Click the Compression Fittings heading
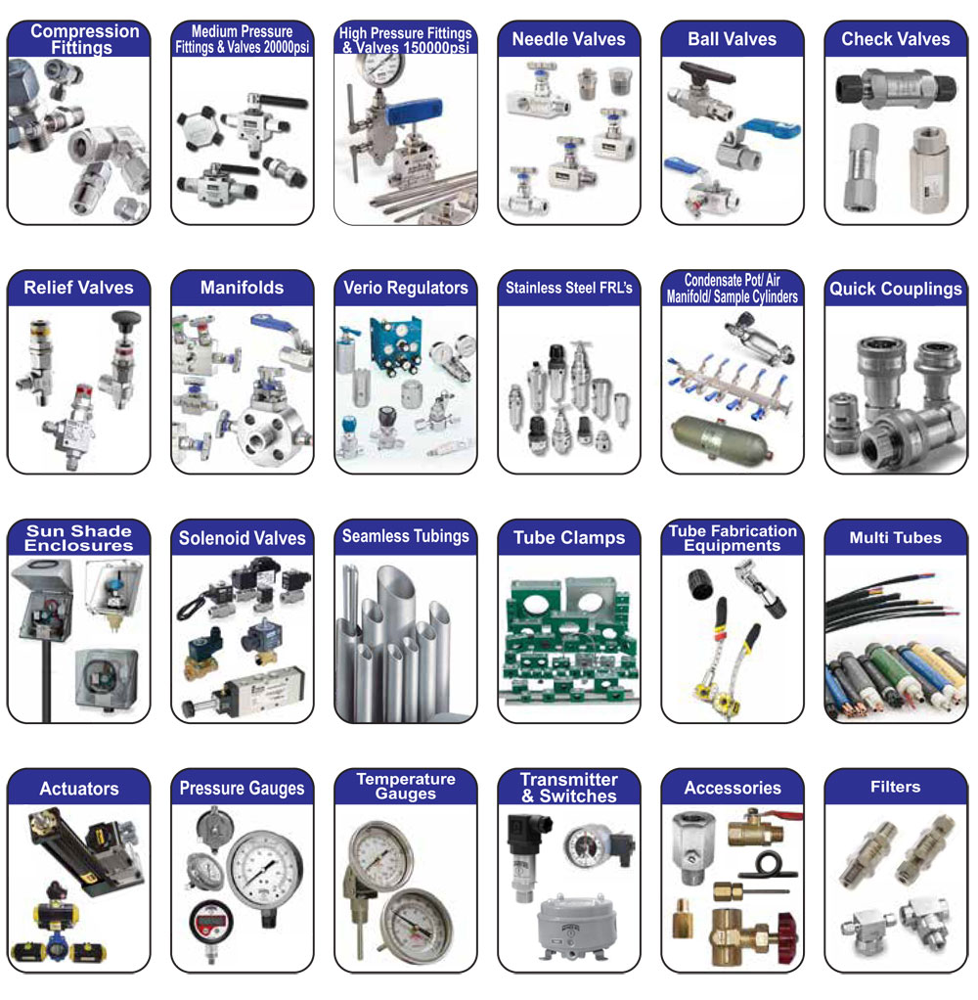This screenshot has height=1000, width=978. [x=84, y=39]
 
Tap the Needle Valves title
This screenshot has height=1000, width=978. [x=568, y=39]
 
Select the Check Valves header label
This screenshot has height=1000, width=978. [x=895, y=39]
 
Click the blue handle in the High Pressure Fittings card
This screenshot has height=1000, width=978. [x=414, y=113]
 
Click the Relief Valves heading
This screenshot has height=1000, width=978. [x=78, y=288]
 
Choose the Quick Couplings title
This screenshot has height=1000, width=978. [x=895, y=289]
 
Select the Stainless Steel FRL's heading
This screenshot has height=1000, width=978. [x=568, y=288]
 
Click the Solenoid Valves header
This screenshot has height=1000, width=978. [x=242, y=538]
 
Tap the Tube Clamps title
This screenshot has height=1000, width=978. [x=568, y=537]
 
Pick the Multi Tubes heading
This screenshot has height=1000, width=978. [x=895, y=537]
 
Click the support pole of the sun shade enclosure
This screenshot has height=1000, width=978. [x=46, y=681]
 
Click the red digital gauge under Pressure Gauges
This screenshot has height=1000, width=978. [x=211, y=922]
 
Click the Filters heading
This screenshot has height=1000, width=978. [x=895, y=787]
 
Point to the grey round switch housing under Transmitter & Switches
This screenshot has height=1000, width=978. [x=576, y=923]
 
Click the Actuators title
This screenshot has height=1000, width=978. [x=79, y=789]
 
